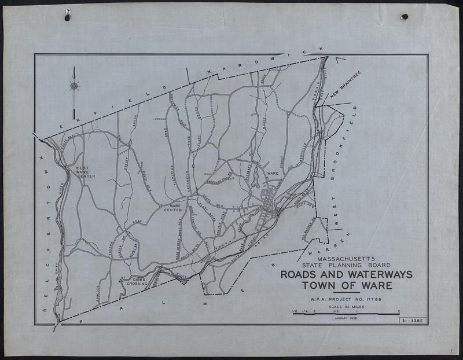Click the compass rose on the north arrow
coord(74,86)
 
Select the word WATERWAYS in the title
coord(376,274)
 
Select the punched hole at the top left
coord(67,17)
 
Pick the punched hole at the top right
coord(405,17)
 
